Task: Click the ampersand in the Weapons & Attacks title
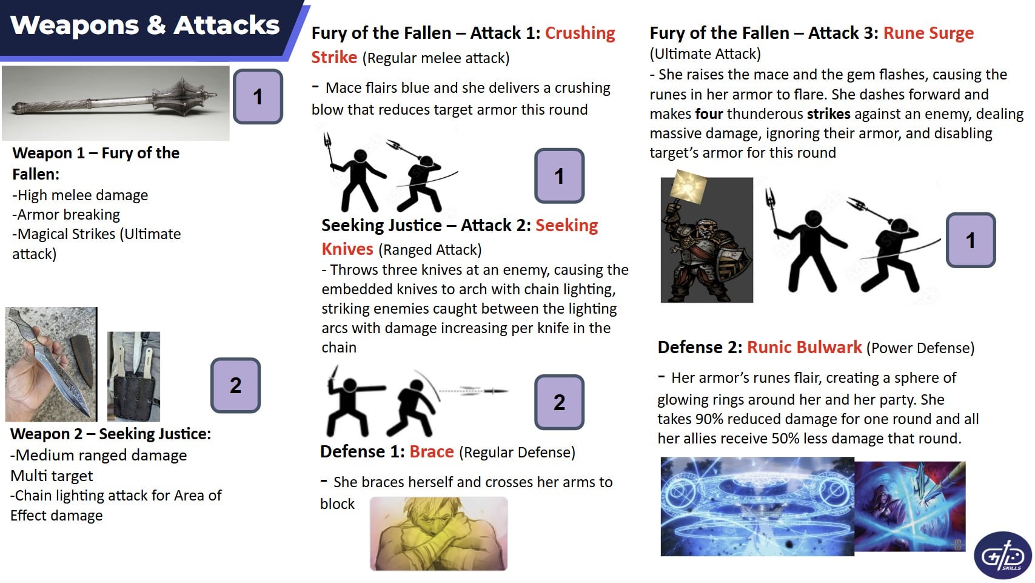pyautogui.click(x=156, y=25)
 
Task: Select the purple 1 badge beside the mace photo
pyautogui.click(x=258, y=96)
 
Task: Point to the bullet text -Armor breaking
pyautogui.click(x=66, y=215)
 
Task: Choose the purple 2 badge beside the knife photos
pyautogui.click(x=236, y=385)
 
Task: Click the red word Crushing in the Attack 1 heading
pyautogui.click(x=580, y=33)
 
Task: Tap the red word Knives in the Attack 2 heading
pyautogui.click(x=347, y=249)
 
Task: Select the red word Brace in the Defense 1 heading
pyautogui.click(x=432, y=452)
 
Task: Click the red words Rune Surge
pyautogui.click(x=928, y=33)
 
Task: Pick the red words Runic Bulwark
pyautogui.click(x=805, y=347)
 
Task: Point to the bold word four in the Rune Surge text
pyautogui.click(x=709, y=113)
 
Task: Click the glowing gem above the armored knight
pyautogui.click(x=688, y=186)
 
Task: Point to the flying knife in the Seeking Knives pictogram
pyautogui.click(x=483, y=391)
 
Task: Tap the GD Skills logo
pyautogui.click(x=1002, y=555)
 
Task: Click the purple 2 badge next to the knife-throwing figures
pyautogui.click(x=559, y=402)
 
